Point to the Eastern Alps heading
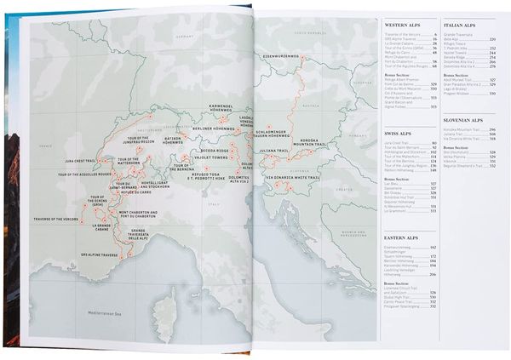(x=397, y=236)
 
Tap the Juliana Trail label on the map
(x=271, y=152)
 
